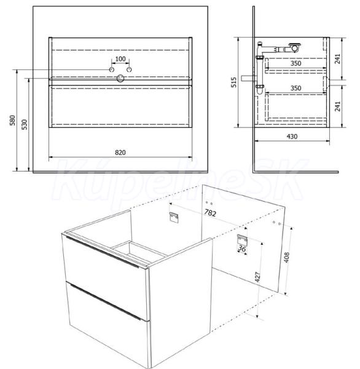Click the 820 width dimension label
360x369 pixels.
[120, 153]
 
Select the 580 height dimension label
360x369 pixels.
[12, 121]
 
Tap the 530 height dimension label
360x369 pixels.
[24, 124]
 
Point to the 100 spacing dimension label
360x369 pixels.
[120, 59]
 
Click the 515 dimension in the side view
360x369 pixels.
[233, 82]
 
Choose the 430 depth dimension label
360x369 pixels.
[292, 137]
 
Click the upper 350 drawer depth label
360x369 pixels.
[295, 63]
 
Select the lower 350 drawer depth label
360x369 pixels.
[295, 88]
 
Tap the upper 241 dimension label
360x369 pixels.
[337, 59]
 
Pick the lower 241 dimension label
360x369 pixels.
[337, 106]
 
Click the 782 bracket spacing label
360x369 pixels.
[210, 213]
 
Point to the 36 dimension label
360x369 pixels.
[242, 248]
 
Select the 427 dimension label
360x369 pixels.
[258, 277]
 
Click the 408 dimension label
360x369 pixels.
[287, 258]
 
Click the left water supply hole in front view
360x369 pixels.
[112, 69]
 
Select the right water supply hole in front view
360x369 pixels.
[129, 69]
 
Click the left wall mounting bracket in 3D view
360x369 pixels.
[173, 216]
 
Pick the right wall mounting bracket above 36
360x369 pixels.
[242, 240]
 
